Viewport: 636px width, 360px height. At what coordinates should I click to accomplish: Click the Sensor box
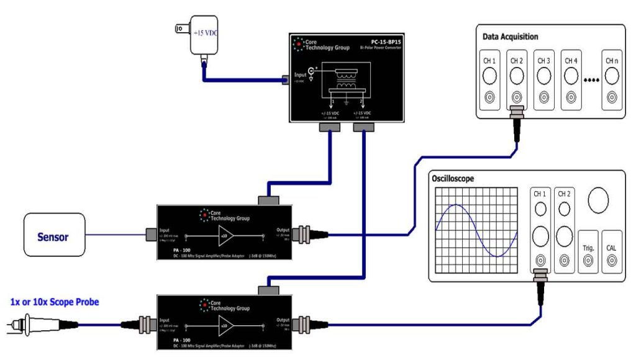point(53,236)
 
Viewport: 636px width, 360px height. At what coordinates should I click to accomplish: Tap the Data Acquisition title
point(510,37)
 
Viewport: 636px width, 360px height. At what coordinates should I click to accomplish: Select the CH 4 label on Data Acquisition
point(571,61)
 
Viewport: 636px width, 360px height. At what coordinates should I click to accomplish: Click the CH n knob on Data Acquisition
point(612,76)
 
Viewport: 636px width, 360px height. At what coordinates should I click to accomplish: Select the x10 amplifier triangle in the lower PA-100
point(225,324)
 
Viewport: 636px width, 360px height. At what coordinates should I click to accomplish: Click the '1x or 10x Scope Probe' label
point(55,302)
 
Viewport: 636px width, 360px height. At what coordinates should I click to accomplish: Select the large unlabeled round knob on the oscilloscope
point(599,200)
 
